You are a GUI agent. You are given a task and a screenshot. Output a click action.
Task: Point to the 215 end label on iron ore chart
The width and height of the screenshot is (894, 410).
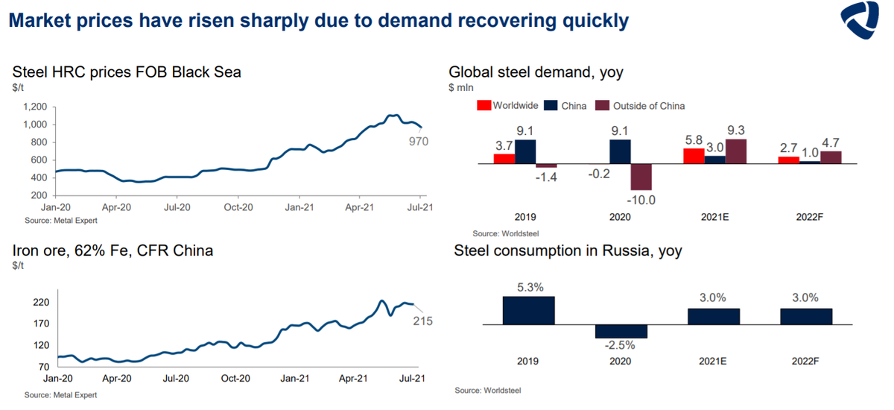(422, 321)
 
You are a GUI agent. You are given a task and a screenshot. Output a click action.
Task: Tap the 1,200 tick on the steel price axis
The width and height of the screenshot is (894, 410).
(34, 107)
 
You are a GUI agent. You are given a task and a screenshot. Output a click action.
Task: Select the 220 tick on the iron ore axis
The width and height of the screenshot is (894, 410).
(40, 303)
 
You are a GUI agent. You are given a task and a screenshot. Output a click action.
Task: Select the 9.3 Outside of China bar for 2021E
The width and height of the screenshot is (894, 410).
(735, 151)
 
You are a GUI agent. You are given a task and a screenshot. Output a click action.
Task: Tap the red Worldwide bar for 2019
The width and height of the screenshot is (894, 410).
(504, 158)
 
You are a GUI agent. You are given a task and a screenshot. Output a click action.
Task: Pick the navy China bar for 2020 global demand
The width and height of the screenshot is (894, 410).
(620, 151)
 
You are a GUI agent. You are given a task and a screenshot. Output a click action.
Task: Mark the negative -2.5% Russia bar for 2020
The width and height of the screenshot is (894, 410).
(621, 331)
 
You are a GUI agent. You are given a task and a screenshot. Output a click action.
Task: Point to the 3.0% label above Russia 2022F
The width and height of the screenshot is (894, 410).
(806, 298)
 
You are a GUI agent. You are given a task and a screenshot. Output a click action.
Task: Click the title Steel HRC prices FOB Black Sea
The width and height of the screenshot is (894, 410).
(127, 72)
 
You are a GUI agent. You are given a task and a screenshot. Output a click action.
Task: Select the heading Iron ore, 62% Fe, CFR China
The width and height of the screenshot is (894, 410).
(112, 250)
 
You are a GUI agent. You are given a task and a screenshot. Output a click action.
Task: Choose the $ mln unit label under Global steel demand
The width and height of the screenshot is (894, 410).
(462, 87)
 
